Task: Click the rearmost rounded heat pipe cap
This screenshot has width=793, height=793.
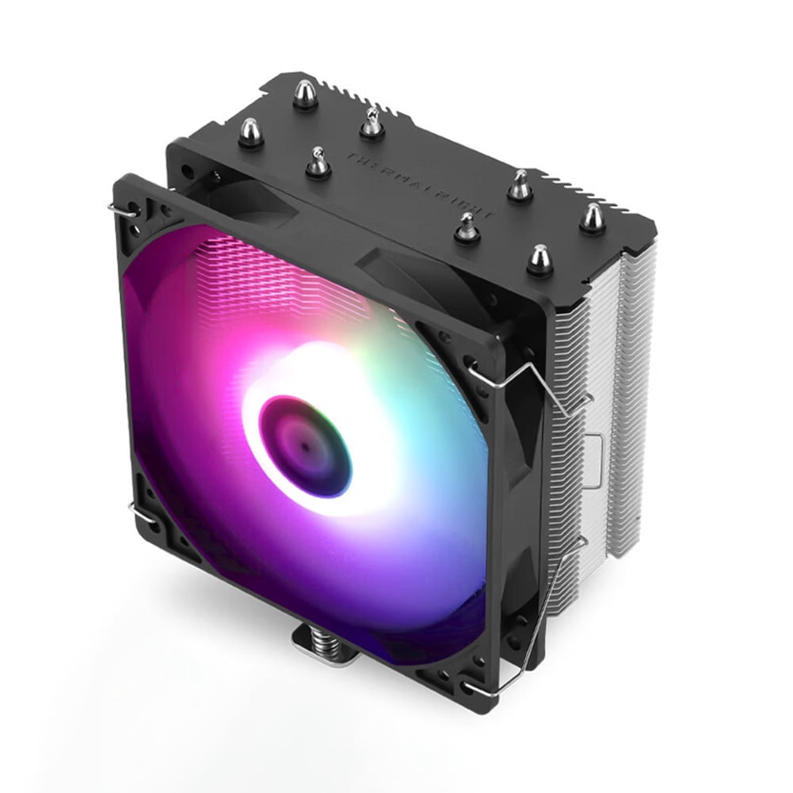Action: click(305, 94)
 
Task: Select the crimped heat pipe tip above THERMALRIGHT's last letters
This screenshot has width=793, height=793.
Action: click(519, 185)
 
